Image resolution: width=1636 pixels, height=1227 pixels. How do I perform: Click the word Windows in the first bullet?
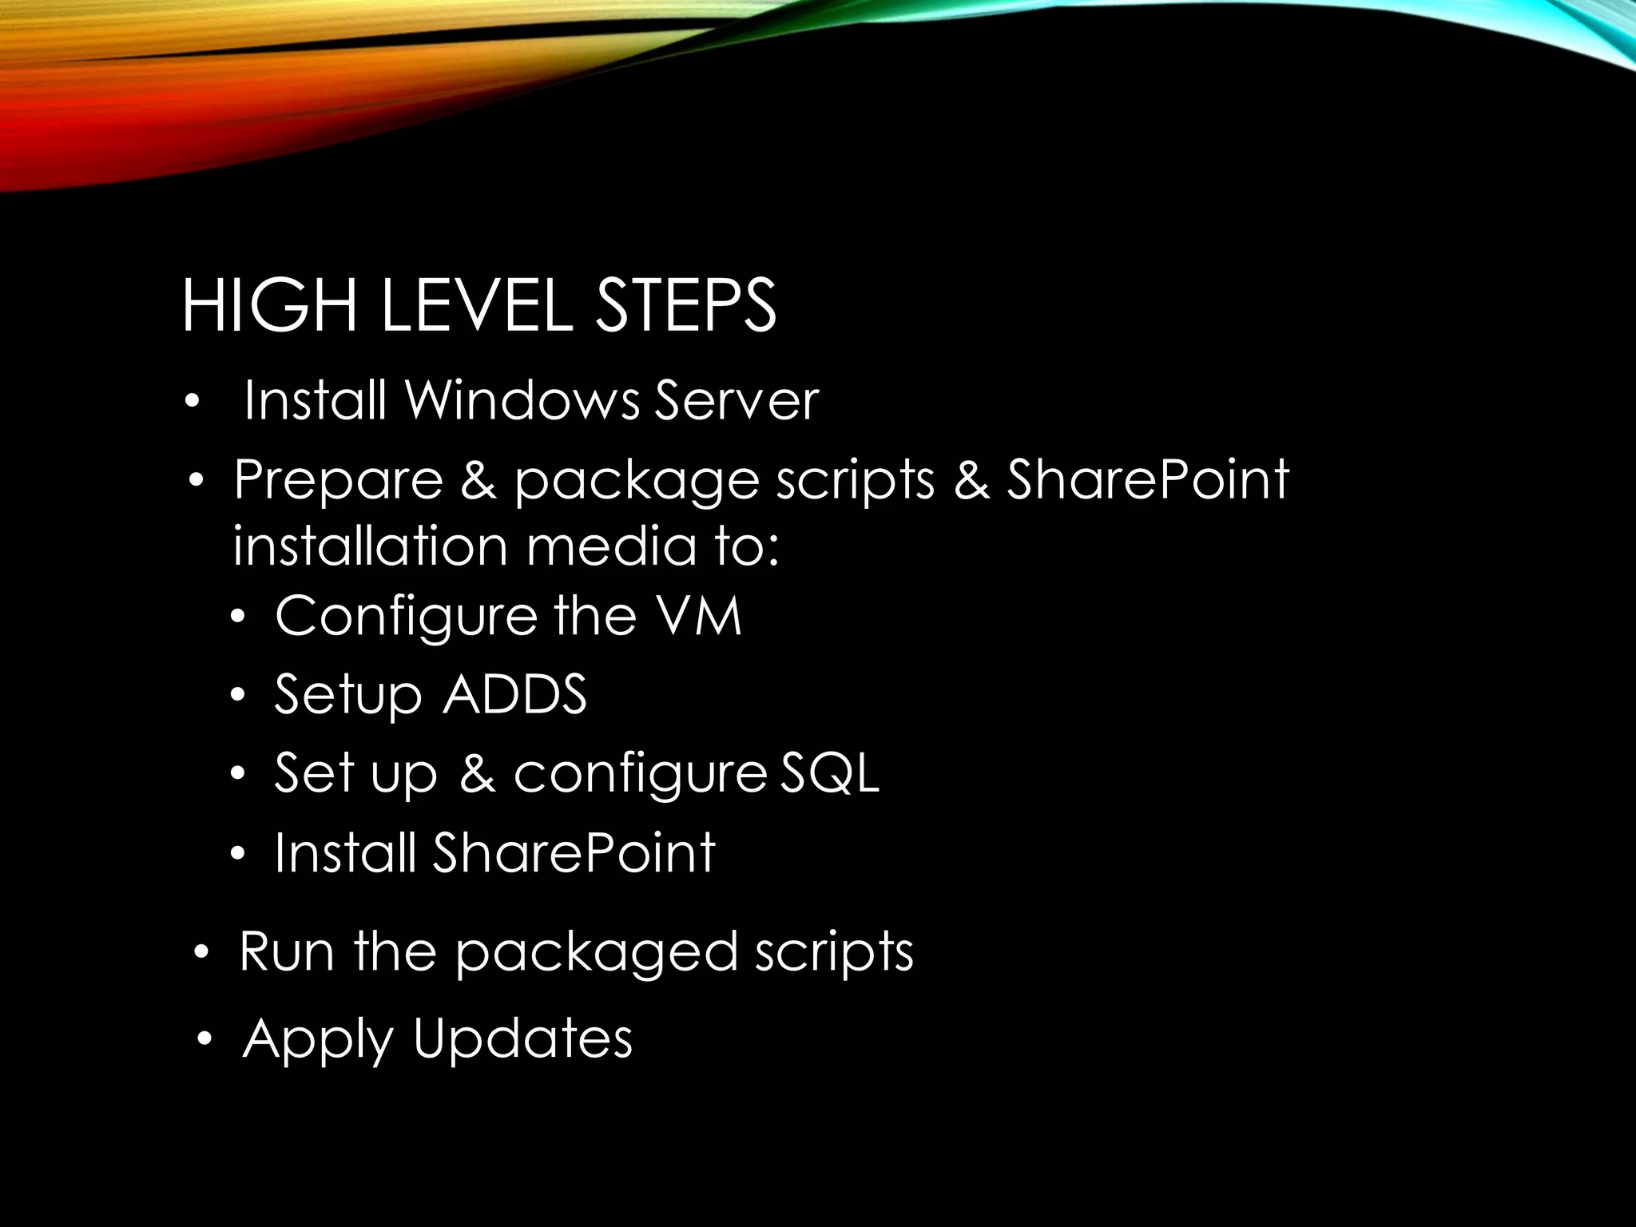pyautogui.click(x=522, y=400)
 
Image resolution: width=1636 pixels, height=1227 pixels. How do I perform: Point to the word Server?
pyautogui.click(x=737, y=400)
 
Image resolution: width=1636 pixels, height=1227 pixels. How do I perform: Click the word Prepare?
pyautogui.click(x=338, y=480)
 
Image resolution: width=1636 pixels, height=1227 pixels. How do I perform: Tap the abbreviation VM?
pyautogui.click(x=697, y=616)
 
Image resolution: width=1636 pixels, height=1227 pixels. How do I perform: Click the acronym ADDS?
pyautogui.click(x=514, y=693)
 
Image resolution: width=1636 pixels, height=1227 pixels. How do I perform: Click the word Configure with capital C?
pyautogui.click(x=406, y=617)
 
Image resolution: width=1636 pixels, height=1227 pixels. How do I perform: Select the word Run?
pyautogui.click(x=285, y=951)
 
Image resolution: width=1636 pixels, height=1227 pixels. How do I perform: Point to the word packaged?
pyautogui.click(x=595, y=953)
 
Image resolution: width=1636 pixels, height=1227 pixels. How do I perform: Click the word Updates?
pyautogui.click(x=522, y=1038)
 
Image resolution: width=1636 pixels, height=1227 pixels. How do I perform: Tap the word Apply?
pyautogui.click(x=317, y=1040)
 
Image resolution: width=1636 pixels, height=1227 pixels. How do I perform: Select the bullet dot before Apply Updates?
pyautogui.click(x=205, y=1040)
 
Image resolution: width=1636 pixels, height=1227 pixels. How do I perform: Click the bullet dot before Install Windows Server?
pyautogui.click(x=191, y=402)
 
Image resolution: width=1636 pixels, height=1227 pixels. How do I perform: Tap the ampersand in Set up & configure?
pyautogui.click(x=477, y=772)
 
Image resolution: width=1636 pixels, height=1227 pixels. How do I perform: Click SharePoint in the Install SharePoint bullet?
pyautogui.click(x=574, y=852)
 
